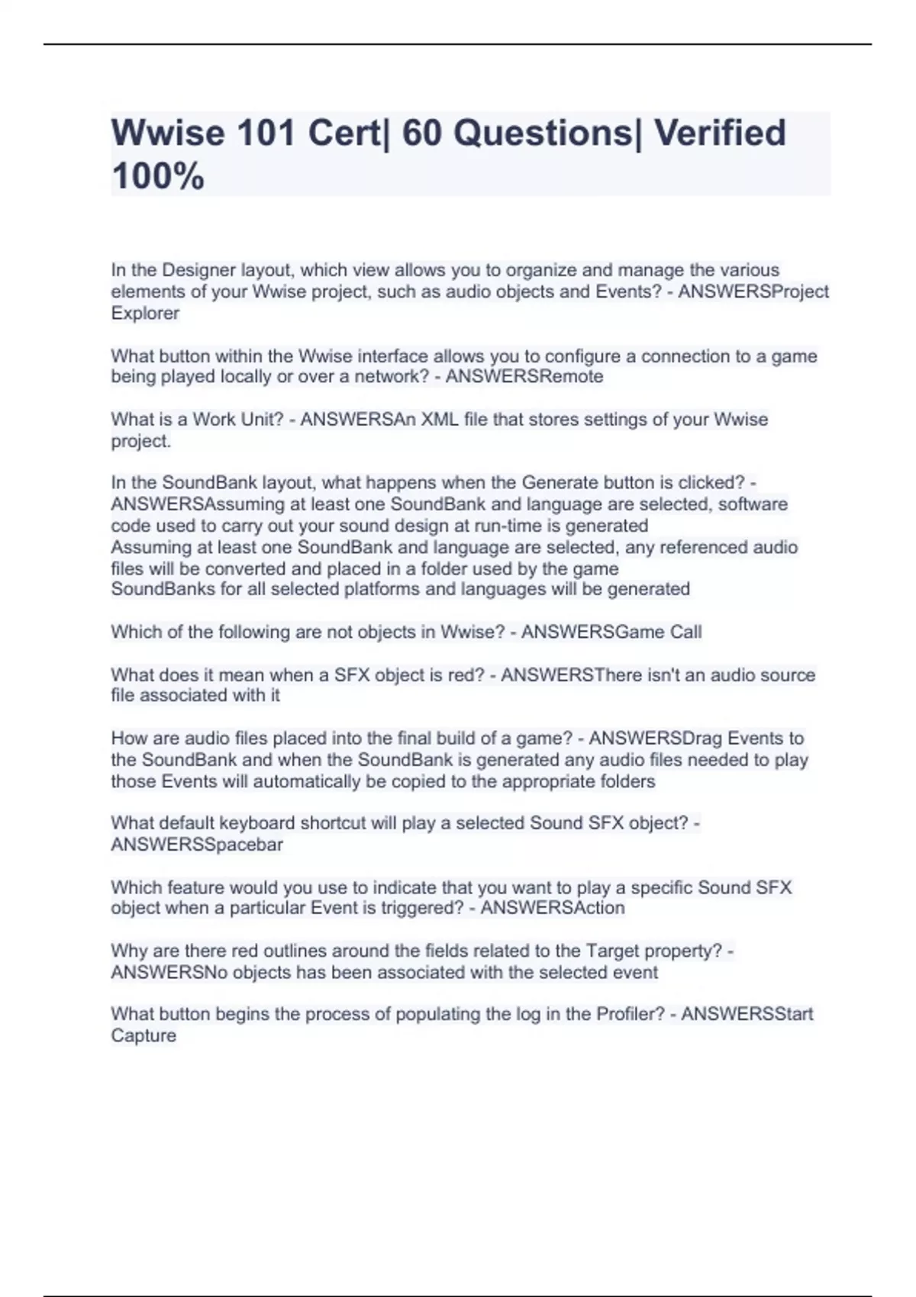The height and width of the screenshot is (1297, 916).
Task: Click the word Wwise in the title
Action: click(x=169, y=134)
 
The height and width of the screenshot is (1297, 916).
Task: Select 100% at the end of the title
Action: click(x=158, y=176)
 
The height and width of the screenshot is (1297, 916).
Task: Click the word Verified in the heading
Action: click(x=720, y=134)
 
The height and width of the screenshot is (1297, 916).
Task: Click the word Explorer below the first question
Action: click(x=145, y=313)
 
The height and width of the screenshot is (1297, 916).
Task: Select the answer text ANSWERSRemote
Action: click(x=524, y=376)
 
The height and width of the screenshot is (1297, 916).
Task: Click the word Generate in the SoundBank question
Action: click(x=560, y=483)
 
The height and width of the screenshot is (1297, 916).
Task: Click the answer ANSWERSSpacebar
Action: click(x=197, y=845)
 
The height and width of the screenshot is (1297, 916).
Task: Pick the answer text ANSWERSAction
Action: click(x=553, y=908)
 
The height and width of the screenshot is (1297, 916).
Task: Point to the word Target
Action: click(x=614, y=951)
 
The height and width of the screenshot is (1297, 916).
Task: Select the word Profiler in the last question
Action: click(x=631, y=1014)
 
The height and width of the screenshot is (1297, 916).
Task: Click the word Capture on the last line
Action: click(x=144, y=1035)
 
